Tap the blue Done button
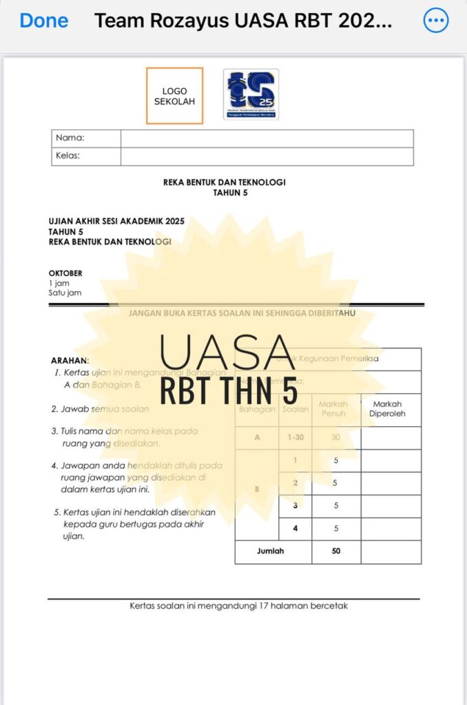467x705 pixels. pos(44,21)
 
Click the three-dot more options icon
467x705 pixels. pos(435,21)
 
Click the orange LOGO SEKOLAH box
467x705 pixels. pos(174,96)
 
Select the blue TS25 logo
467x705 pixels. pos(251,94)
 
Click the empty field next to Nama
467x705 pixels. pos(267,138)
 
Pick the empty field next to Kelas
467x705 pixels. pos(267,156)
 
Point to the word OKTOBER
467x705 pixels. pos(65,273)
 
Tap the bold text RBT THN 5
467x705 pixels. pos(229,390)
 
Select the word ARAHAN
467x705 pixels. pos(70,360)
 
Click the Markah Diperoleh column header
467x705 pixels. pos(391,409)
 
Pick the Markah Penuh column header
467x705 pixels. pos(333,409)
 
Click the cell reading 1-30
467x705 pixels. pos(295,438)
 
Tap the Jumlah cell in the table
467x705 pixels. pos(271,551)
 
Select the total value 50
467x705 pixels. pos(336,551)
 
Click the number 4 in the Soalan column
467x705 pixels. pos(295,529)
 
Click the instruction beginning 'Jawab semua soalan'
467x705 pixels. pos(100,409)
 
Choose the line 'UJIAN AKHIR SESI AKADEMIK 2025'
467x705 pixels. pos(116,222)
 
